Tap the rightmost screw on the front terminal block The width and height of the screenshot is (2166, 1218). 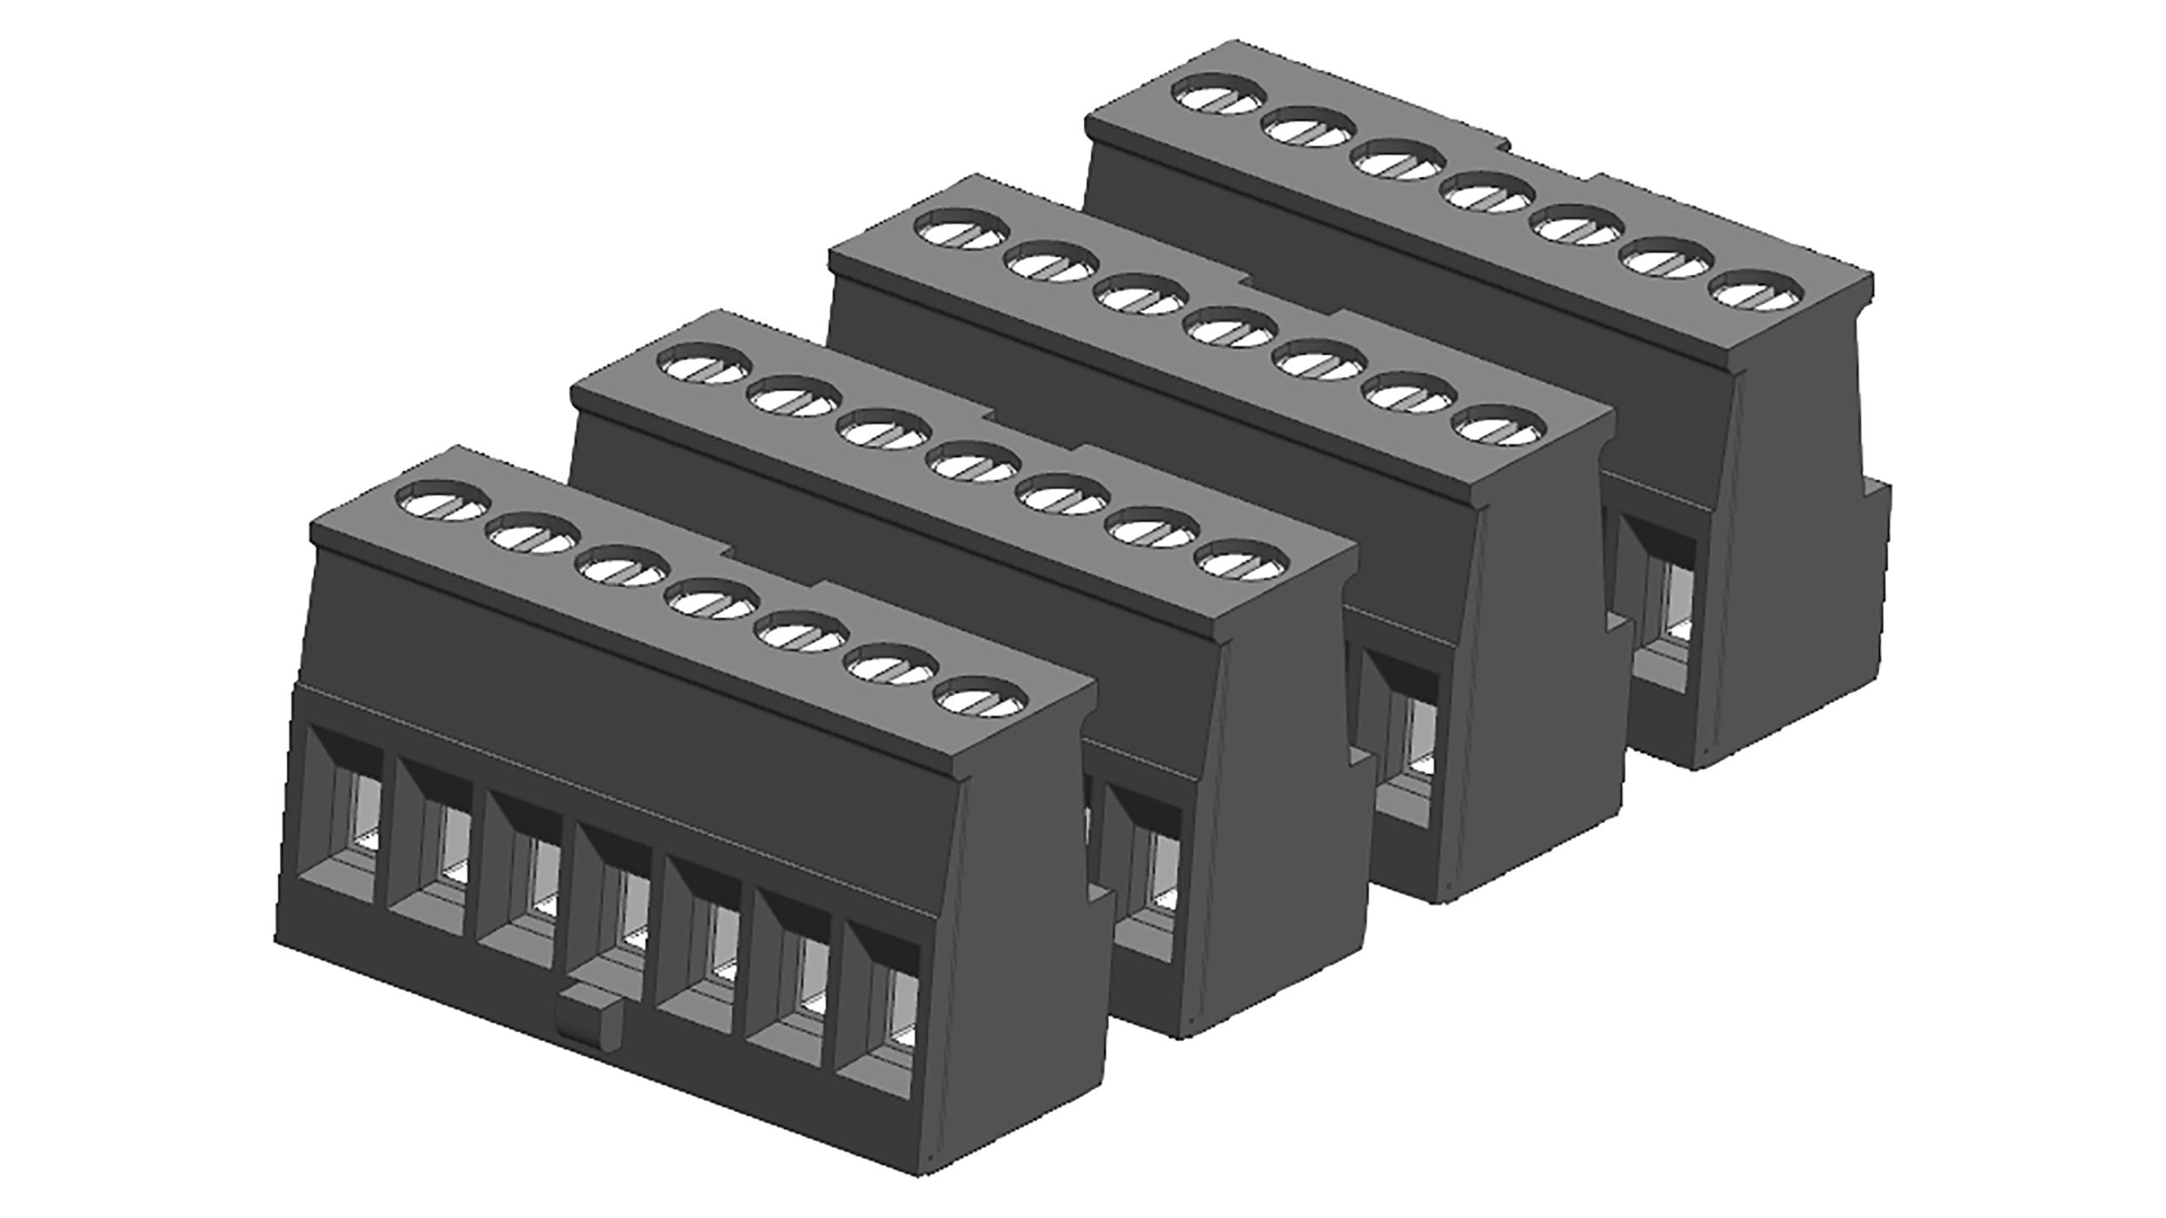click(982, 698)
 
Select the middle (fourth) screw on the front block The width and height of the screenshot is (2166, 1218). click(712, 600)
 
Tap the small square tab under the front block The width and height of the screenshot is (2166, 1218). click(591, 1021)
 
